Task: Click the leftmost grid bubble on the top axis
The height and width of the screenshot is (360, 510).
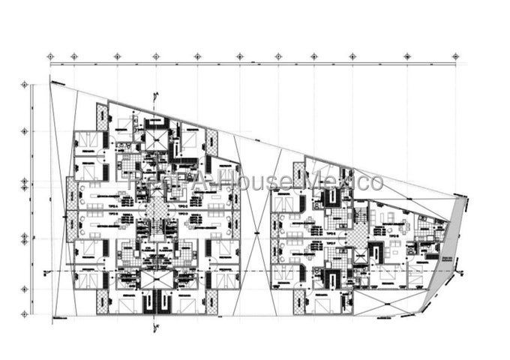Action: pyautogui.click(x=50, y=56)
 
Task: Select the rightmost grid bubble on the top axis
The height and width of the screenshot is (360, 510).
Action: pyautogui.click(x=456, y=56)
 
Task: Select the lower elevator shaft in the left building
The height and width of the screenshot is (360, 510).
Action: pyautogui.click(x=157, y=279)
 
